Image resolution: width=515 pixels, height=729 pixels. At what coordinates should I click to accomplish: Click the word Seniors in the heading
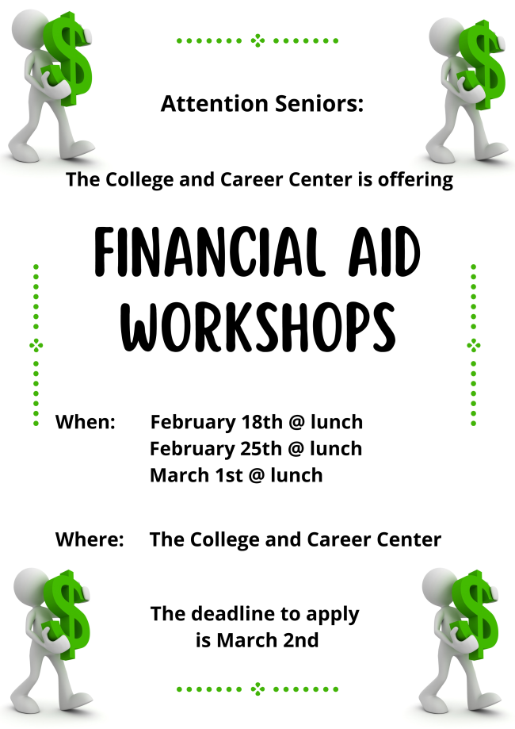pos(319,103)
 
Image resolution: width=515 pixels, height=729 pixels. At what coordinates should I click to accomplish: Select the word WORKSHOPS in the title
pos(258,327)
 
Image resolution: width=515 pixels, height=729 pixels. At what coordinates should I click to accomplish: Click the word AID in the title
pos(385,252)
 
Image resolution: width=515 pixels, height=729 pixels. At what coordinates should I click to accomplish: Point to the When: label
pos(86,422)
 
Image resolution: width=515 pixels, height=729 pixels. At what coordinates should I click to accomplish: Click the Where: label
pos(90,539)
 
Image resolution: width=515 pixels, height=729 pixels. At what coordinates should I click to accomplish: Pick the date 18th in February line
pos(261,422)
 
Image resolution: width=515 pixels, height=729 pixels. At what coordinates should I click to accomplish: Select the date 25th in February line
pos(261,449)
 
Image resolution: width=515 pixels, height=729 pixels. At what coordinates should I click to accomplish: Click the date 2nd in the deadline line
pos(301,640)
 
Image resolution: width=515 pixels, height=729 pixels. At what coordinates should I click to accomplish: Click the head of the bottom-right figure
pos(439,584)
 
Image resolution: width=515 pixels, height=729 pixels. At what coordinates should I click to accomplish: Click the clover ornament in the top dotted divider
pos(257,40)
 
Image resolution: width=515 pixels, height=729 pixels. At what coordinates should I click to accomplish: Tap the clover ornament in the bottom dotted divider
pos(257,689)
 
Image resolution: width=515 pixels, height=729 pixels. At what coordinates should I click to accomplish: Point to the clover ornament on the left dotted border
pos(36,345)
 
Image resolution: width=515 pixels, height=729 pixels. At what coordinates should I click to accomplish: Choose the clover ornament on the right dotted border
pos(473,345)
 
